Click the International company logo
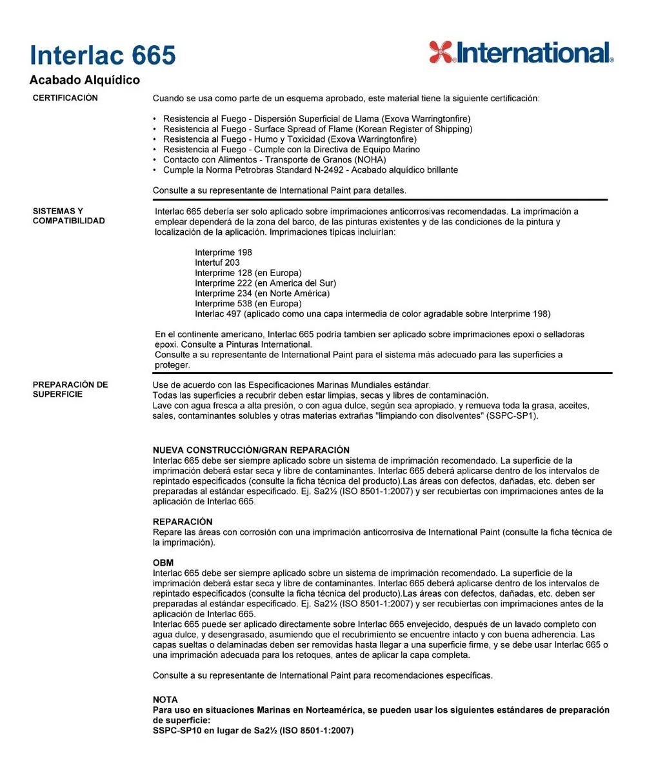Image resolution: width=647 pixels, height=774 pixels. (521, 52)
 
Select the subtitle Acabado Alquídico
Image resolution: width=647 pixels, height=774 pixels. (85, 80)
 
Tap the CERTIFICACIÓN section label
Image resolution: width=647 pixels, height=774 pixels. (65, 98)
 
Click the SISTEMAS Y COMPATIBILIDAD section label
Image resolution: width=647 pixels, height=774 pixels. (68, 215)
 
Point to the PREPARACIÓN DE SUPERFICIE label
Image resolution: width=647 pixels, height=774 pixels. (70, 389)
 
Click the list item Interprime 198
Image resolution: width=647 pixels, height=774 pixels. (223, 252)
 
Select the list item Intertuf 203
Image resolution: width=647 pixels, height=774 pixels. (217, 263)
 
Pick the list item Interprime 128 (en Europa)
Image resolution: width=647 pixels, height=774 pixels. (248, 273)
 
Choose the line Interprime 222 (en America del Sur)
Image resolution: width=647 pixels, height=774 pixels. (265, 283)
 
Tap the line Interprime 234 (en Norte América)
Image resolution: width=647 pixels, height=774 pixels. (262, 293)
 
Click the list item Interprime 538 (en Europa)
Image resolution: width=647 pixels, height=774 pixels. (248, 304)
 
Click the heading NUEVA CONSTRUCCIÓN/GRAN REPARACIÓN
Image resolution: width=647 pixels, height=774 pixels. (251, 450)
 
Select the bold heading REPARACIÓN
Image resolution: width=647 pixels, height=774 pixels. (183, 521)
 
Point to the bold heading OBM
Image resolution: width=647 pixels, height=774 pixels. (163, 563)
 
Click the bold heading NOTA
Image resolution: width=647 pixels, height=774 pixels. (165, 699)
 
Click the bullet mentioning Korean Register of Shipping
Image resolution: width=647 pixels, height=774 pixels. (317, 129)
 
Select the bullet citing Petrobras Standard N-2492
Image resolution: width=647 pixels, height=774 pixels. (310, 170)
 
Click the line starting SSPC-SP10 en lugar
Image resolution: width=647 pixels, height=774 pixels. (253, 731)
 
